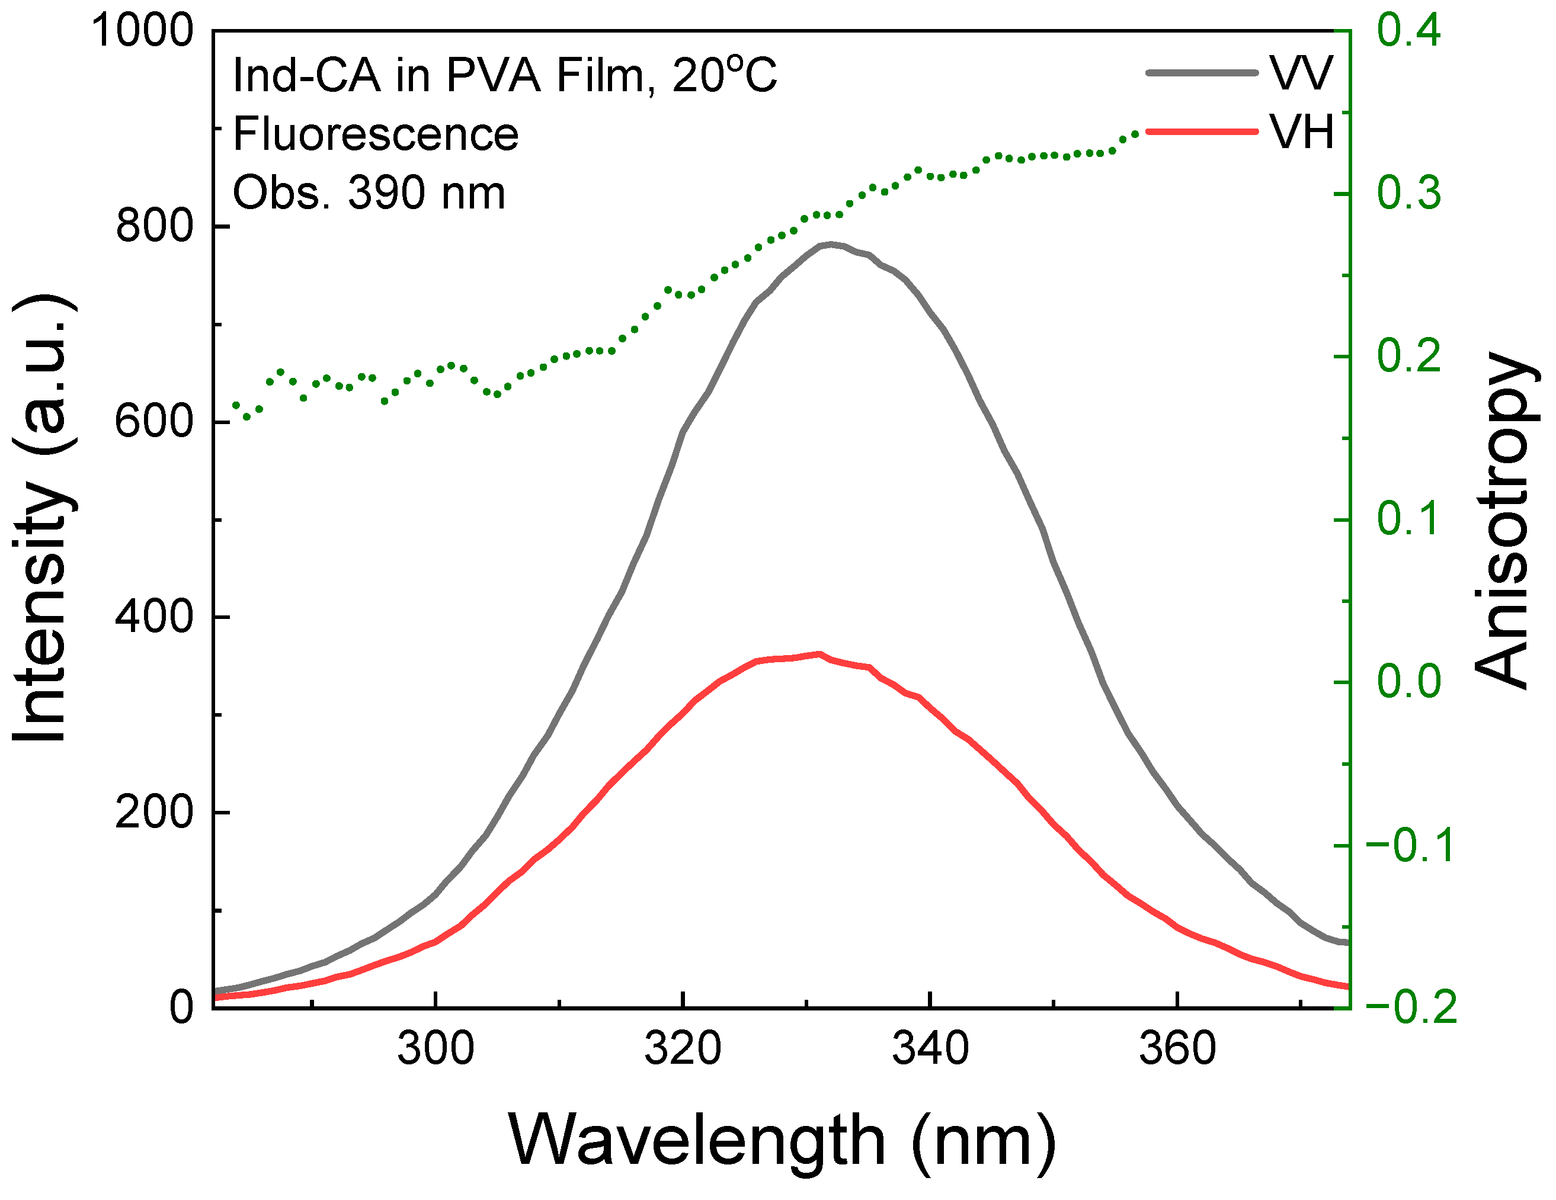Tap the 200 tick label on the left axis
pos(154,812)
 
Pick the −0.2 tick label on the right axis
pos(1411,1008)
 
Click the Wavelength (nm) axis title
pos(782,1140)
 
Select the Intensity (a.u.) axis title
pos(43,518)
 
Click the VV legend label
pos(1301,73)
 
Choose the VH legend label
pos(1301,133)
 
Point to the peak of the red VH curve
pos(819,653)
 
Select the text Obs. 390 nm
pos(369,193)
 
